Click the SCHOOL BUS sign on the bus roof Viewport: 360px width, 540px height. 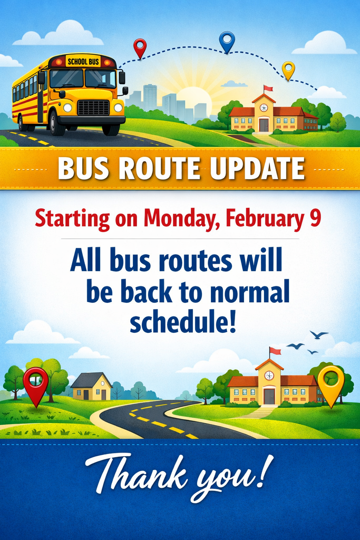coord(83,62)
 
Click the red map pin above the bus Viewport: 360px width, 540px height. coord(139,47)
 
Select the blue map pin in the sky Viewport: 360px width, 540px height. coord(227,40)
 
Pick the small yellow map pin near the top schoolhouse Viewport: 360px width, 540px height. coord(288,69)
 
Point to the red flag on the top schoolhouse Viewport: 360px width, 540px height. coord(268,88)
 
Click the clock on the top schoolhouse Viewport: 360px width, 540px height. coord(264,108)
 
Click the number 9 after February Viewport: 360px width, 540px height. coord(315,218)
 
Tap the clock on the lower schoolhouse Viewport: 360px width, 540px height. coord(269,375)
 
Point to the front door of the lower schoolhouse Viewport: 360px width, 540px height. coord(269,396)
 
